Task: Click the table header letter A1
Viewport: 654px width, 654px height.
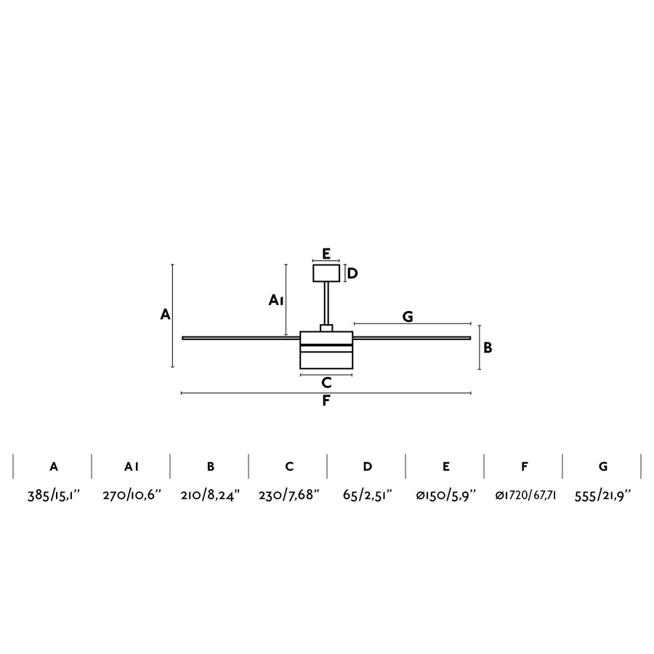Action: tap(132, 467)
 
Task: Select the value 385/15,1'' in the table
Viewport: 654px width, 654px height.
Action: tap(53, 496)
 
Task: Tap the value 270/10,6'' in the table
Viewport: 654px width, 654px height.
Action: tap(132, 496)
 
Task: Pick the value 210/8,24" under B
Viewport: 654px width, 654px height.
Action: tap(210, 496)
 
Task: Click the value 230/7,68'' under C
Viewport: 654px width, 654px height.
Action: tap(288, 496)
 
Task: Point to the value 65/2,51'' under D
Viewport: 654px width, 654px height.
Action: tap(368, 496)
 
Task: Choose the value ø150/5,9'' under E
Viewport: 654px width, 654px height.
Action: tap(446, 496)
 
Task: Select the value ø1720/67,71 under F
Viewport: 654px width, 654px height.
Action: tap(525, 496)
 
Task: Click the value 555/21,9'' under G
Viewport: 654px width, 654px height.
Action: tap(603, 496)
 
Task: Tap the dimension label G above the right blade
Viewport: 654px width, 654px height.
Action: tap(408, 317)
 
